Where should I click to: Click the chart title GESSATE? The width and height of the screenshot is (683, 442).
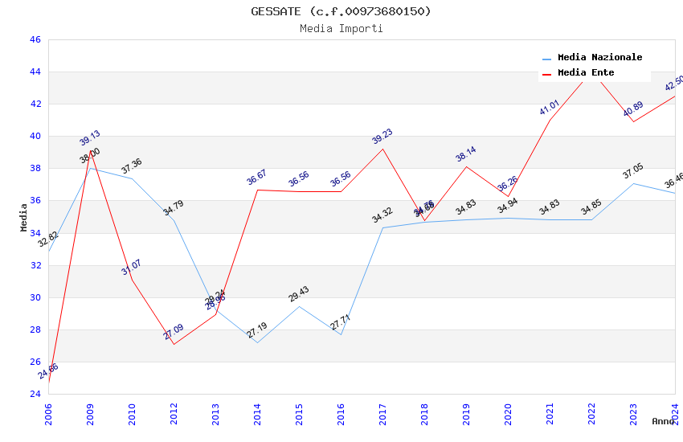341,11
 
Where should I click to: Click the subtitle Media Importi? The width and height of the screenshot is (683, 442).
341,29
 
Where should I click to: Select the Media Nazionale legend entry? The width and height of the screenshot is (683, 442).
599,58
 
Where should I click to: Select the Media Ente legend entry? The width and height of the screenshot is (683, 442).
586,73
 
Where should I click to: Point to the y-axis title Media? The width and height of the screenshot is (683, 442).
24,217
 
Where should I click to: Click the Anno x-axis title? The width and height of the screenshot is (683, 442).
663,421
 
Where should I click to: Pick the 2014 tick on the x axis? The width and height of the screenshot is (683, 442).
257,411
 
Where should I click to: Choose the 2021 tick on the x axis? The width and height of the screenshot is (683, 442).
550,411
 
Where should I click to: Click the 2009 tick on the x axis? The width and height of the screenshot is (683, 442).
90,411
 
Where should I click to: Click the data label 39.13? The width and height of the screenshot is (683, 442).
90,138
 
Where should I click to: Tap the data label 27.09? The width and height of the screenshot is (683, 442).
174,331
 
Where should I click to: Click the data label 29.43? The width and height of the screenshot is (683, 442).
299,294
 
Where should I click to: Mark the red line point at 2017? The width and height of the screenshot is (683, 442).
382,149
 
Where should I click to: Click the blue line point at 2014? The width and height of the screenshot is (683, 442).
257,342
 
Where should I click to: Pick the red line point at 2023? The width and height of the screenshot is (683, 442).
633,121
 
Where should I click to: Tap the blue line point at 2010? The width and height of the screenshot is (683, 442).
132,178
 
